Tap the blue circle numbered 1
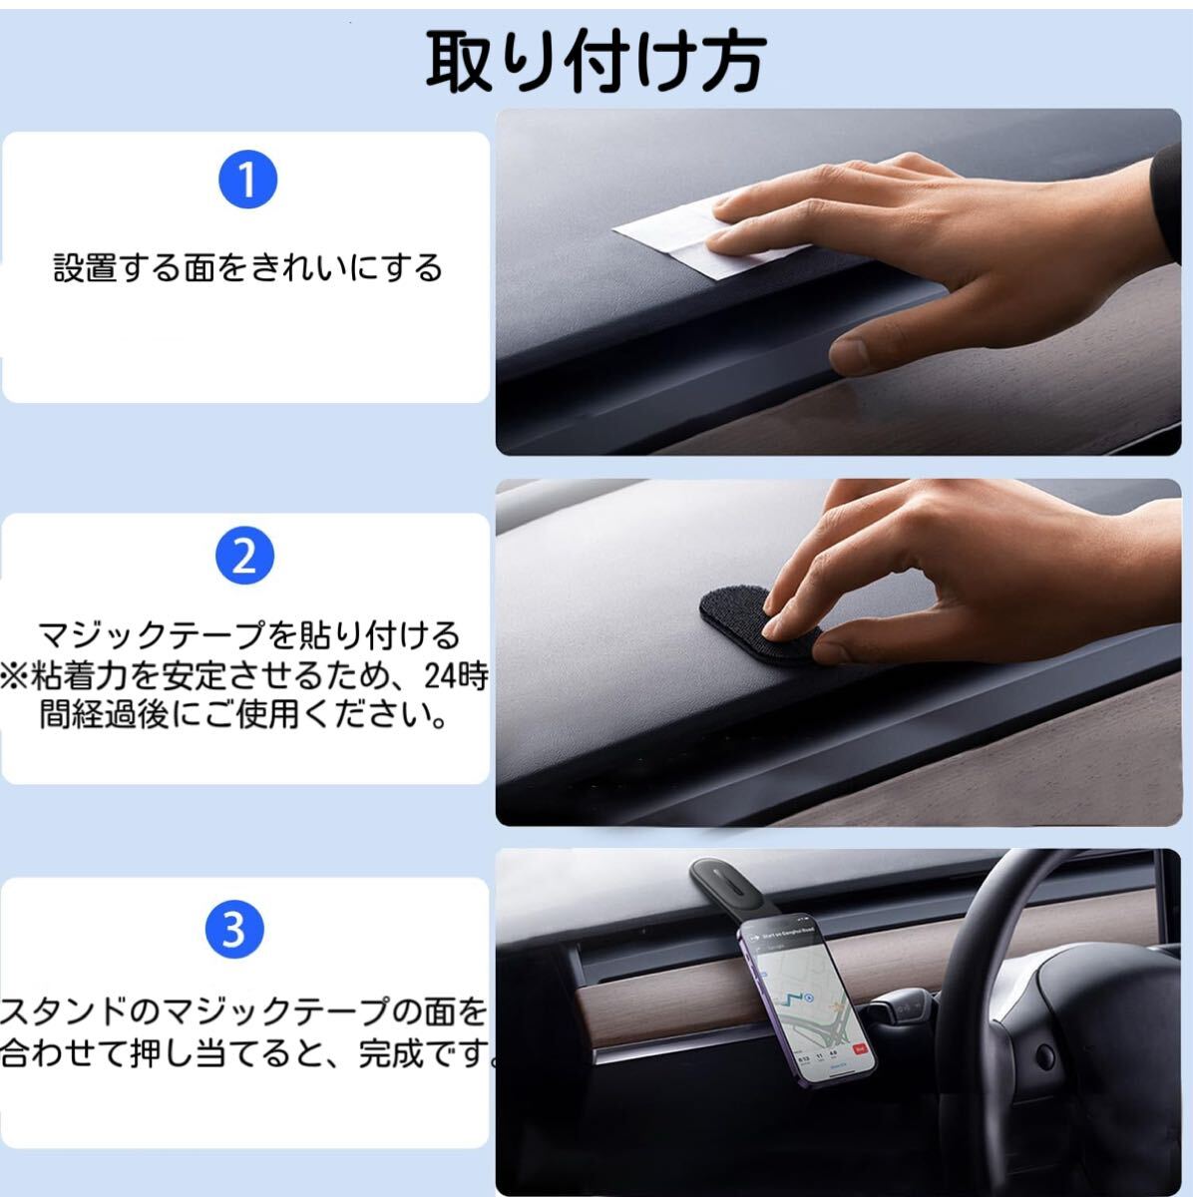pos(248,180)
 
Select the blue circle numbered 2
pos(244,556)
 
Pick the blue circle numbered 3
pos(234,929)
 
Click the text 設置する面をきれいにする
pos(248,267)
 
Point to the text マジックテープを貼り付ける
pos(248,634)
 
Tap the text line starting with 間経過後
pos(244,714)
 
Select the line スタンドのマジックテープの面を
pos(243,1012)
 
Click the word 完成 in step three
pos(391,1053)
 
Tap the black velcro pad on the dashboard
pos(759,625)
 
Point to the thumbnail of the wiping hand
pos(838,282)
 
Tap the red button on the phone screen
pos(860,1049)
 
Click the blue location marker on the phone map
pos(808,997)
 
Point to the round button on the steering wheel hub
pos(1044,1055)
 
